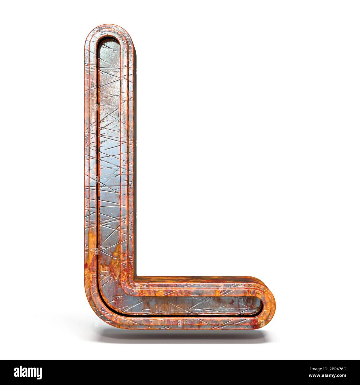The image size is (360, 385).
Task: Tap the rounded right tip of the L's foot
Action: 272,304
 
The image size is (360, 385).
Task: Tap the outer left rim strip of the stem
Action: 88,166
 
